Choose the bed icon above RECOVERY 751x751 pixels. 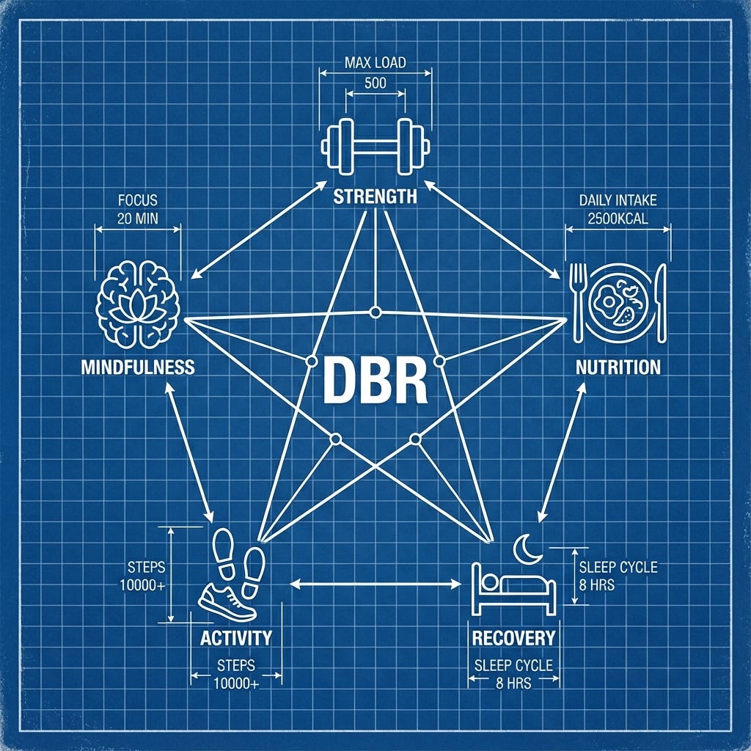[513, 587]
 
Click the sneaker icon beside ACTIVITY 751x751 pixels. [227, 602]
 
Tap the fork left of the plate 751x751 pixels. [578, 301]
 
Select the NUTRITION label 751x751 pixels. [618, 366]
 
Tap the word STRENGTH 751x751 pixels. [375, 196]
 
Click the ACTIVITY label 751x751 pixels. [235, 637]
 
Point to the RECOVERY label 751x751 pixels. [513, 637]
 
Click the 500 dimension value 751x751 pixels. [375, 82]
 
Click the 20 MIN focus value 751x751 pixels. [137, 217]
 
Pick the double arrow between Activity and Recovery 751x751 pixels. [375, 584]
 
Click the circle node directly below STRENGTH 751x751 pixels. [375, 312]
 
